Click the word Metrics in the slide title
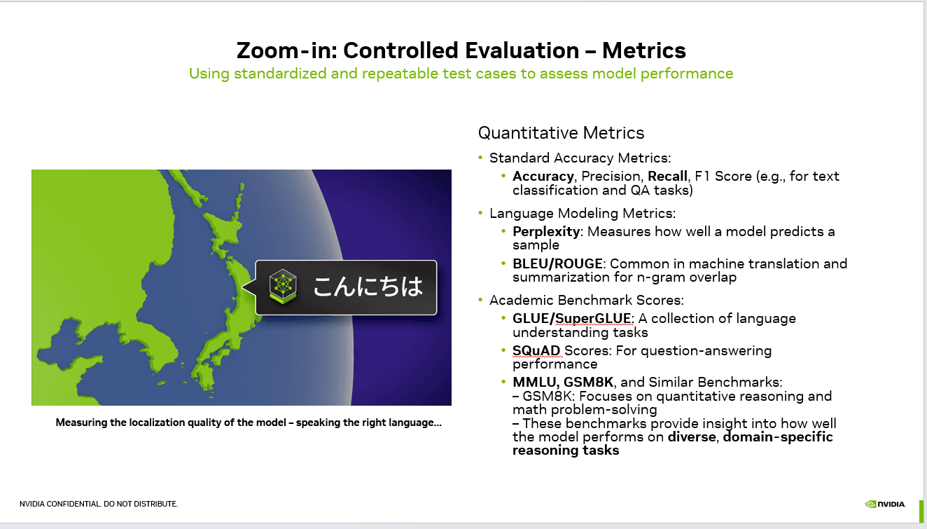click(x=643, y=50)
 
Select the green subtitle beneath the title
click(x=461, y=74)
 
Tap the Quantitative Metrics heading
click(x=561, y=133)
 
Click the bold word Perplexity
click(x=545, y=231)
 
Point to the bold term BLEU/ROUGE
click(x=557, y=263)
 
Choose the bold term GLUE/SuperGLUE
click(x=572, y=318)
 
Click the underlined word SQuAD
click(x=536, y=350)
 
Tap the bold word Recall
click(x=667, y=176)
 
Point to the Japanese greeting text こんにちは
click(x=368, y=287)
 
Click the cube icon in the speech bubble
click(x=284, y=287)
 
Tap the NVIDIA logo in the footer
click(x=885, y=503)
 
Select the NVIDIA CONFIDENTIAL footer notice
click(x=99, y=504)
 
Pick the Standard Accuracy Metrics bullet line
click(x=580, y=158)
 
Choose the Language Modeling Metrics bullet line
click(x=582, y=213)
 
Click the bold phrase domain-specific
click(x=778, y=437)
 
